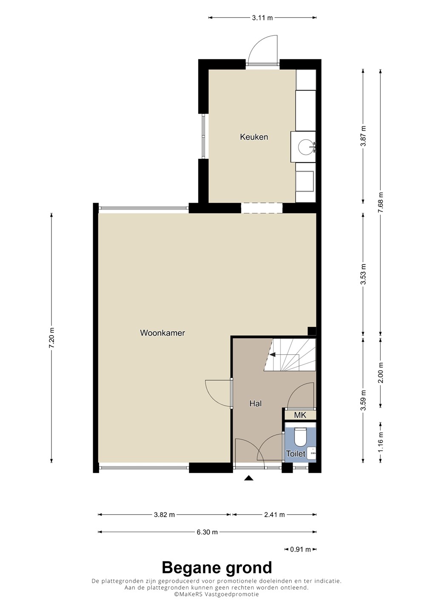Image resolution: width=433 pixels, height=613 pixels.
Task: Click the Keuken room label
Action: coord(254,137)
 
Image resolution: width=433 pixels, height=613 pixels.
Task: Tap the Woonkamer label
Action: coord(162,333)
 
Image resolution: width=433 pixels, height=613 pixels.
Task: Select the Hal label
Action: coord(256,404)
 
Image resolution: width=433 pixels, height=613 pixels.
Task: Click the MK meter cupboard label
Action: coord(300,415)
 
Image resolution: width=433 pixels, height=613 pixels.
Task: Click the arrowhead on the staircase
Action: coord(272,355)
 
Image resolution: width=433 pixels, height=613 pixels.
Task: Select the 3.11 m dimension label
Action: coord(262,18)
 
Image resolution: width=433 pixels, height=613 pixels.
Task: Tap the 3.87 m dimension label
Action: coord(363,136)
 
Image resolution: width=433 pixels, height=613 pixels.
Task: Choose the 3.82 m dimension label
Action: coord(164,515)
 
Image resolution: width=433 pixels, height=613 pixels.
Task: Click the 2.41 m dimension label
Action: coord(274,515)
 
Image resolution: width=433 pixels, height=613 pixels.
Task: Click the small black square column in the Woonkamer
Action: coord(312,331)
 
